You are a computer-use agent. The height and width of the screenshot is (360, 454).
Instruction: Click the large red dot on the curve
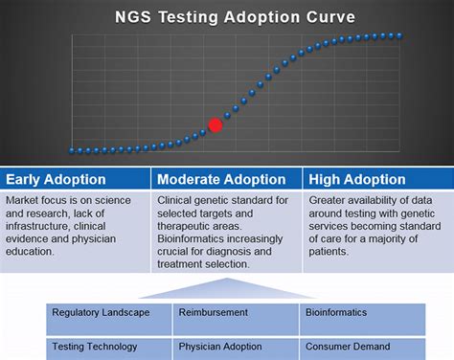216,124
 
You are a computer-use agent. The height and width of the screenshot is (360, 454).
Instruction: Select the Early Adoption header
57,179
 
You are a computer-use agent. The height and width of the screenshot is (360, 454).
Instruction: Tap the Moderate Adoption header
220,179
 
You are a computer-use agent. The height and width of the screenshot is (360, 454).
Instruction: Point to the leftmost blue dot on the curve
72,150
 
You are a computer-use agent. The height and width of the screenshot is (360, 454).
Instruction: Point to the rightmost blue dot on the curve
398,35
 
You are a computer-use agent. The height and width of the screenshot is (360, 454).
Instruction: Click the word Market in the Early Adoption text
22,200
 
